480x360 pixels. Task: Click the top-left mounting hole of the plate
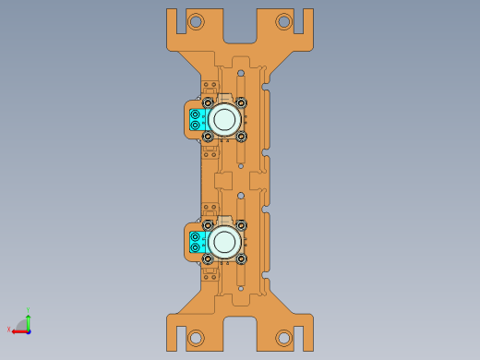(x=196, y=21)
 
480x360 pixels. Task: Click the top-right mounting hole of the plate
(x=283, y=21)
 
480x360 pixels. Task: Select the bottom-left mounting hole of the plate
(x=196, y=338)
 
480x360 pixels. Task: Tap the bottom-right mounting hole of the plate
(x=283, y=338)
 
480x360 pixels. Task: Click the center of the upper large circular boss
(x=224, y=119)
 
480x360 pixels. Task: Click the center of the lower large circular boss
(x=224, y=242)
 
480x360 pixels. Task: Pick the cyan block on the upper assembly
(x=196, y=119)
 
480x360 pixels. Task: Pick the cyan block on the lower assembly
(x=196, y=242)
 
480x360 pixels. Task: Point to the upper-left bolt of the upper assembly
(x=208, y=102)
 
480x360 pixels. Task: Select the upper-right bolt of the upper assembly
(x=241, y=102)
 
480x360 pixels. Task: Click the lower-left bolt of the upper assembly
(x=208, y=136)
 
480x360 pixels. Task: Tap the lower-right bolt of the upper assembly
(x=241, y=136)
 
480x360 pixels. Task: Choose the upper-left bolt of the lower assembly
(x=208, y=225)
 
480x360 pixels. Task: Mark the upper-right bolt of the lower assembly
(x=241, y=225)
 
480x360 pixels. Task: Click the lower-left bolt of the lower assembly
(x=208, y=258)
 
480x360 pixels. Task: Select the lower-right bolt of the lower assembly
(x=241, y=258)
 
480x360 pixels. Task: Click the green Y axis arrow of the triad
(x=29, y=318)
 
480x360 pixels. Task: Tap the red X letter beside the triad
(x=9, y=330)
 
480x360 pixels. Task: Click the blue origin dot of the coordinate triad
(x=29, y=330)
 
